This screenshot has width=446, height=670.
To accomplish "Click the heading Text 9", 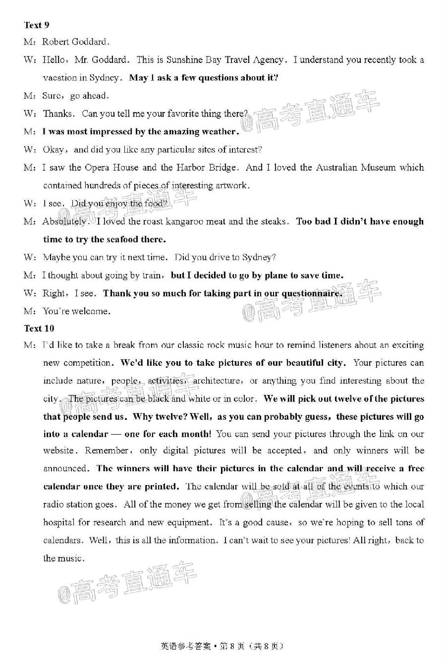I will pos(37,25).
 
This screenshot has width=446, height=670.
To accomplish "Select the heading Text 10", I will pos(39,328).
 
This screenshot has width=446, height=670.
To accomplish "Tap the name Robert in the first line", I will pos(56,42).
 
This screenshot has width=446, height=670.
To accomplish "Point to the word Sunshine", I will pos(184,60).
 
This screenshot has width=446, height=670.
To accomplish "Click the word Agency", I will pos(268,60).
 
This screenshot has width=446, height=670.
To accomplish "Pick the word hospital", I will pos(58,522).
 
